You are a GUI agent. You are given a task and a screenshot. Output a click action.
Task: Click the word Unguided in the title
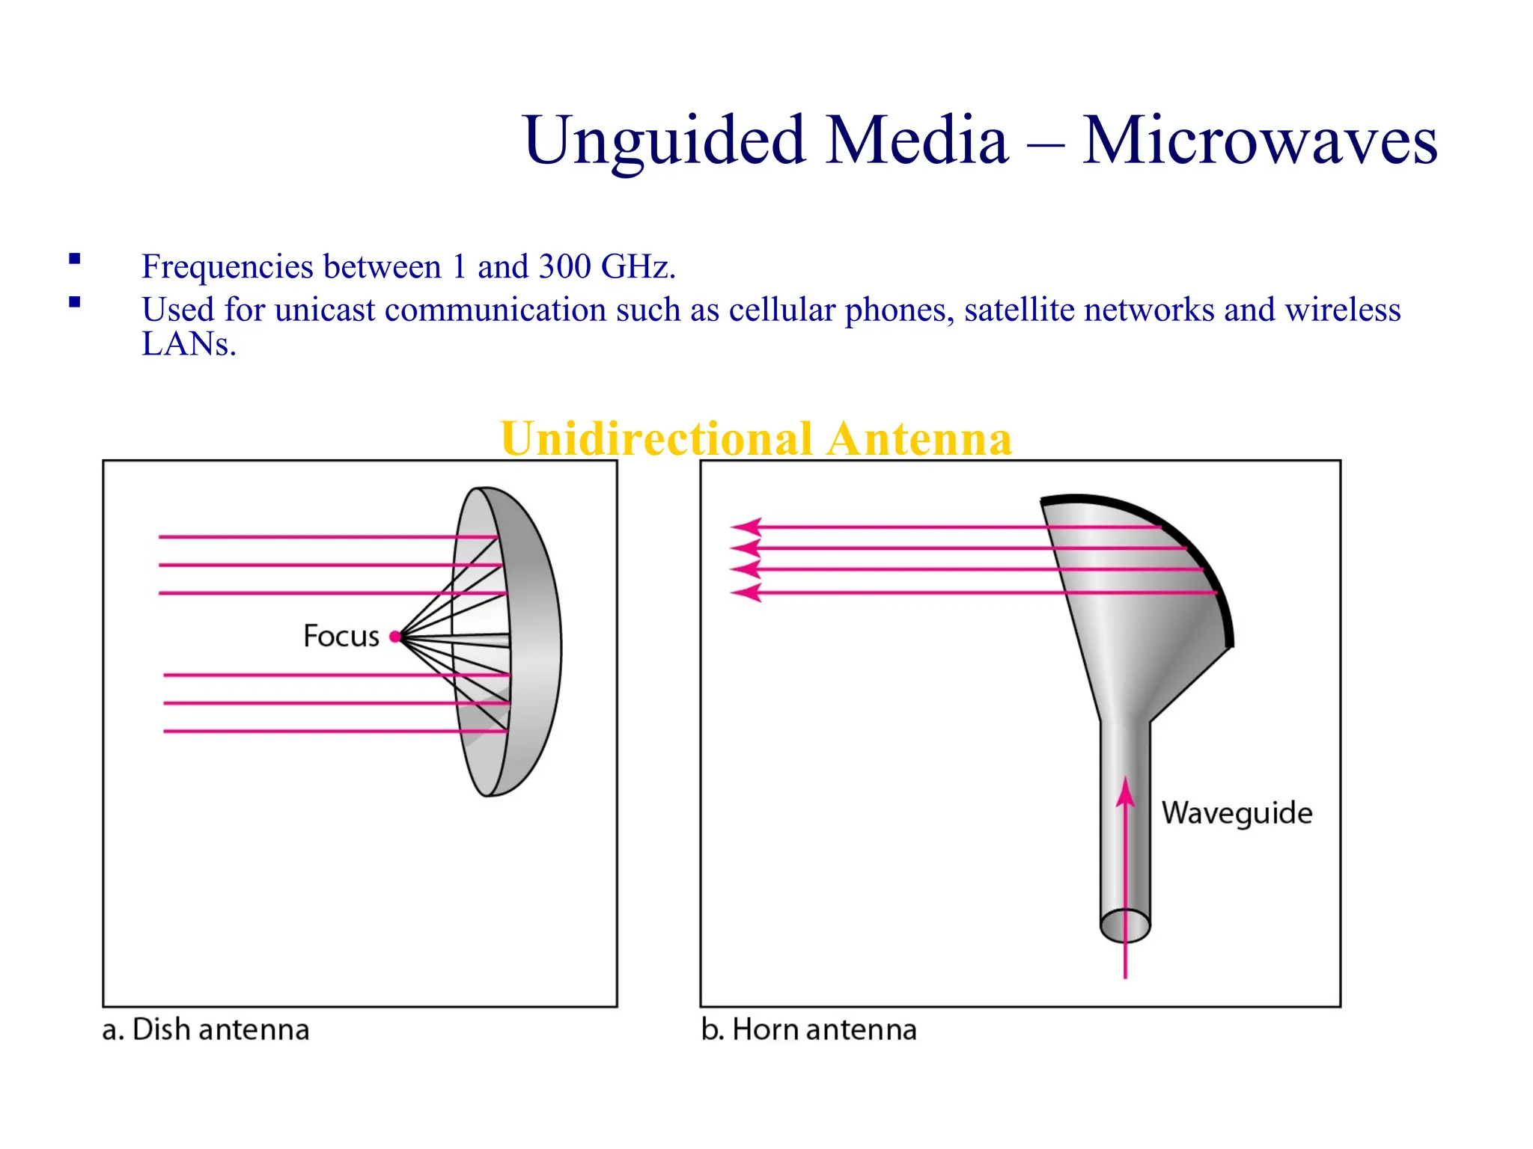(x=664, y=142)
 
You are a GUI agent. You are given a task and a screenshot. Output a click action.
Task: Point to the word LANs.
(x=189, y=345)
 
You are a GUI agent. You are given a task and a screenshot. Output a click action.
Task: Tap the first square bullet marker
(x=74, y=260)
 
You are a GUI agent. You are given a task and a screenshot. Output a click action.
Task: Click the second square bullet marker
(x=74, y=303)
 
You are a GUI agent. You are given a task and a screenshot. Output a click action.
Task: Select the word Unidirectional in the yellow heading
(x=656, y=438)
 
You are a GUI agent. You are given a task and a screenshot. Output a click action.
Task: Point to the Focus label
(x=341, y=637)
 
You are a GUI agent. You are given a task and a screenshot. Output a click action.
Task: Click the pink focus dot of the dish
(x=395, y=637)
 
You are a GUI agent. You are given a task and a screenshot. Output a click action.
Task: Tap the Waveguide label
(x=1237, y=813)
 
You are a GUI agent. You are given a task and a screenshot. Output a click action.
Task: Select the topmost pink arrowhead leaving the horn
(x=747, y=527)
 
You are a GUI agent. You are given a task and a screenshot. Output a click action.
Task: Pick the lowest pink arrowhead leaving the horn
(x=747, y=593)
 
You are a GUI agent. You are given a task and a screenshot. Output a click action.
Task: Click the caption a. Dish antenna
(x=206, y=1030)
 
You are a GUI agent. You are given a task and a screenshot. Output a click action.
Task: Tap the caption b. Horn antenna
(x=808, y=1030)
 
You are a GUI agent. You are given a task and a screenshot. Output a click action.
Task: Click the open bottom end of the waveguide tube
(x=1125, y=926)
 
